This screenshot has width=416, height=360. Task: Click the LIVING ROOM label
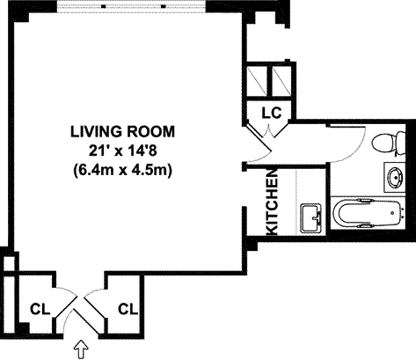[x=122, y=131]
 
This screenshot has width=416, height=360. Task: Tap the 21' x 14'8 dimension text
[x=123, y=151]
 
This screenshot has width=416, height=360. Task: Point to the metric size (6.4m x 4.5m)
[x=122, y=170]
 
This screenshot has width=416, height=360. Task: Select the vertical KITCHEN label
[x=273, y=202]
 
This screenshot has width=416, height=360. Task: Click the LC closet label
[x=272, y=113]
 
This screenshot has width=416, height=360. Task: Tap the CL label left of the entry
[x=40, y=309]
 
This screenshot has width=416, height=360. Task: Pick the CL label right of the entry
[x=128, y=309]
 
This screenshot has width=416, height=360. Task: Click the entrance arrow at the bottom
[x=81, y=349]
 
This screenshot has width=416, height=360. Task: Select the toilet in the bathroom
[x=388, y=143]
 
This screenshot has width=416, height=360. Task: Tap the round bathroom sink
[x=396, y=177]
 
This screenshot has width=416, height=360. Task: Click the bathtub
[x=369, y=213]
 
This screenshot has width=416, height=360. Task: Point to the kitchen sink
[x=312, y=217]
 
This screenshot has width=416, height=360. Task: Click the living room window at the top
[x=131, y=6]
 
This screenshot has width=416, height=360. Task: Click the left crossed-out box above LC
[x=257, y=81]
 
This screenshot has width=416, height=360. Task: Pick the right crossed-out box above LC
[x=281, y=81]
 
